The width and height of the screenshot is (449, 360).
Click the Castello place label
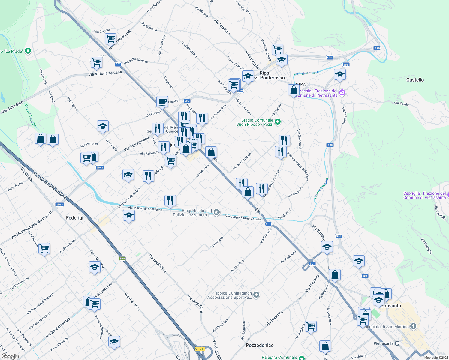(x=415, y=80)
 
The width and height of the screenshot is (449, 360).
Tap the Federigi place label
(x=74, y=218)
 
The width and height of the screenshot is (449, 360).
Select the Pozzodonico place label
(x=260, y=345)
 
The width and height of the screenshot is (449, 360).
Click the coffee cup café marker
(x=162, y=101)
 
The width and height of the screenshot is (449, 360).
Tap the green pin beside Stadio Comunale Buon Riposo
(x=278, y=122)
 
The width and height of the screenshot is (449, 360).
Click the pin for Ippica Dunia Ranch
(x=256, y=295)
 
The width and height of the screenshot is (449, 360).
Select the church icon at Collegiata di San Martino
(x=413, y=326)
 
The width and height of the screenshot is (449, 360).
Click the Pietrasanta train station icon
(x=397, y=343)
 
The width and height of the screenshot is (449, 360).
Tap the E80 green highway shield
(x=122, y=259)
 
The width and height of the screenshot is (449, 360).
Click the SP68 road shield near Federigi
(x=59, y=205)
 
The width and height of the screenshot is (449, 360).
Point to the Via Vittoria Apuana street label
(x=105, y=73)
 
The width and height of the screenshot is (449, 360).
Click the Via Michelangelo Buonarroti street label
(x=32, y=225)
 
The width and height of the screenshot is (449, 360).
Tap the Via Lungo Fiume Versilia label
(x=243, y=217)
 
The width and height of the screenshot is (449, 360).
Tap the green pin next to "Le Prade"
(x=28, y=51)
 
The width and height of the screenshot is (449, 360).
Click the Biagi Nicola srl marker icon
(x=217, y=213)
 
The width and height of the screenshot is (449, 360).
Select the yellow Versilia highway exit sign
(x=200, y=349)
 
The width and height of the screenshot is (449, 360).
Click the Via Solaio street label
(x=401, y=103)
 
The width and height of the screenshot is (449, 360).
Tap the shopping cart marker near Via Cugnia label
(x=110, y=39)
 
